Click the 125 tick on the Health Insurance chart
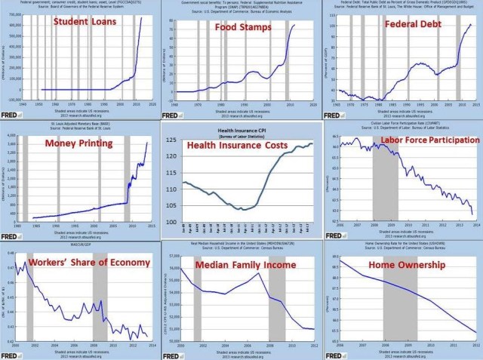(x=173, y=141)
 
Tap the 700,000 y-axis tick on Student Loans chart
(x=14, y=15)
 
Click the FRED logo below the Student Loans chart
(x=10, y=112)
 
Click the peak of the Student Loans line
(x=141, y=17)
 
